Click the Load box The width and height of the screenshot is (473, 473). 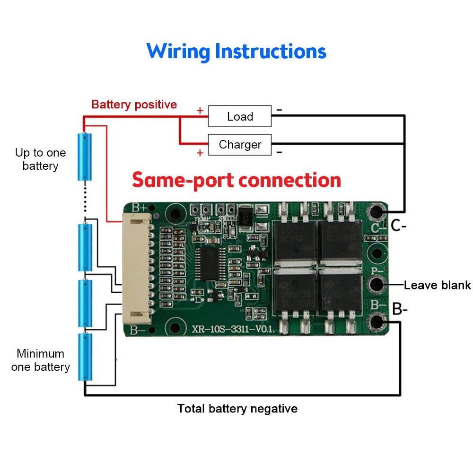(240, 116)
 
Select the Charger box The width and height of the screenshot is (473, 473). (240, 145)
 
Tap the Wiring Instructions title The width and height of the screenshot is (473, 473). (236, 51)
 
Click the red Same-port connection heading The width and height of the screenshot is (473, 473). (236, 180)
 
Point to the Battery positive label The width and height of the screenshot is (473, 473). (134, 105)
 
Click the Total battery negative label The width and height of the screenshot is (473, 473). (237, 409)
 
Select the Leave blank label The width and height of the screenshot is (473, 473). (437, 285)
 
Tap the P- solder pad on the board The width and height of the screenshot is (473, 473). (377, 285)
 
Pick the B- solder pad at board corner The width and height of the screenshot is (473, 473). (377, 323)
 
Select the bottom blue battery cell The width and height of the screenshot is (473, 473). (85, 357)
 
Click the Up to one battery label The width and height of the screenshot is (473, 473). (40, 159)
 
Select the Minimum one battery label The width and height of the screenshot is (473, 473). (40, 360)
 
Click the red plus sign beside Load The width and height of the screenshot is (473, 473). (200, 111)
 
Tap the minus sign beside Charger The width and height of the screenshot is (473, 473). (279, 152)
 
